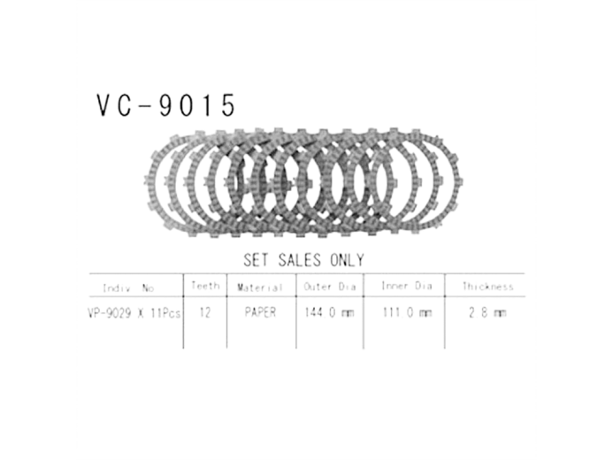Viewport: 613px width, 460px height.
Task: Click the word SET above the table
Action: click(258, 260)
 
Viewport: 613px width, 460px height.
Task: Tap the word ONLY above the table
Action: click(347, 260)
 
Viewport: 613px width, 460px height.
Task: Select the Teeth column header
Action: click(204, 287)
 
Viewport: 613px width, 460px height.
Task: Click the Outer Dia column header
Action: click(330, 287)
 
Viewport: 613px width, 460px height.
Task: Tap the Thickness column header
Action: click(487, 287)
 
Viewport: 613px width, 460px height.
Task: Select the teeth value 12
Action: click(204, 313)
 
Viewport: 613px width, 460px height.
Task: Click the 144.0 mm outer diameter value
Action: click(330, 313)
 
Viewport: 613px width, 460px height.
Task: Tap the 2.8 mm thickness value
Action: click(487, 313)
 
